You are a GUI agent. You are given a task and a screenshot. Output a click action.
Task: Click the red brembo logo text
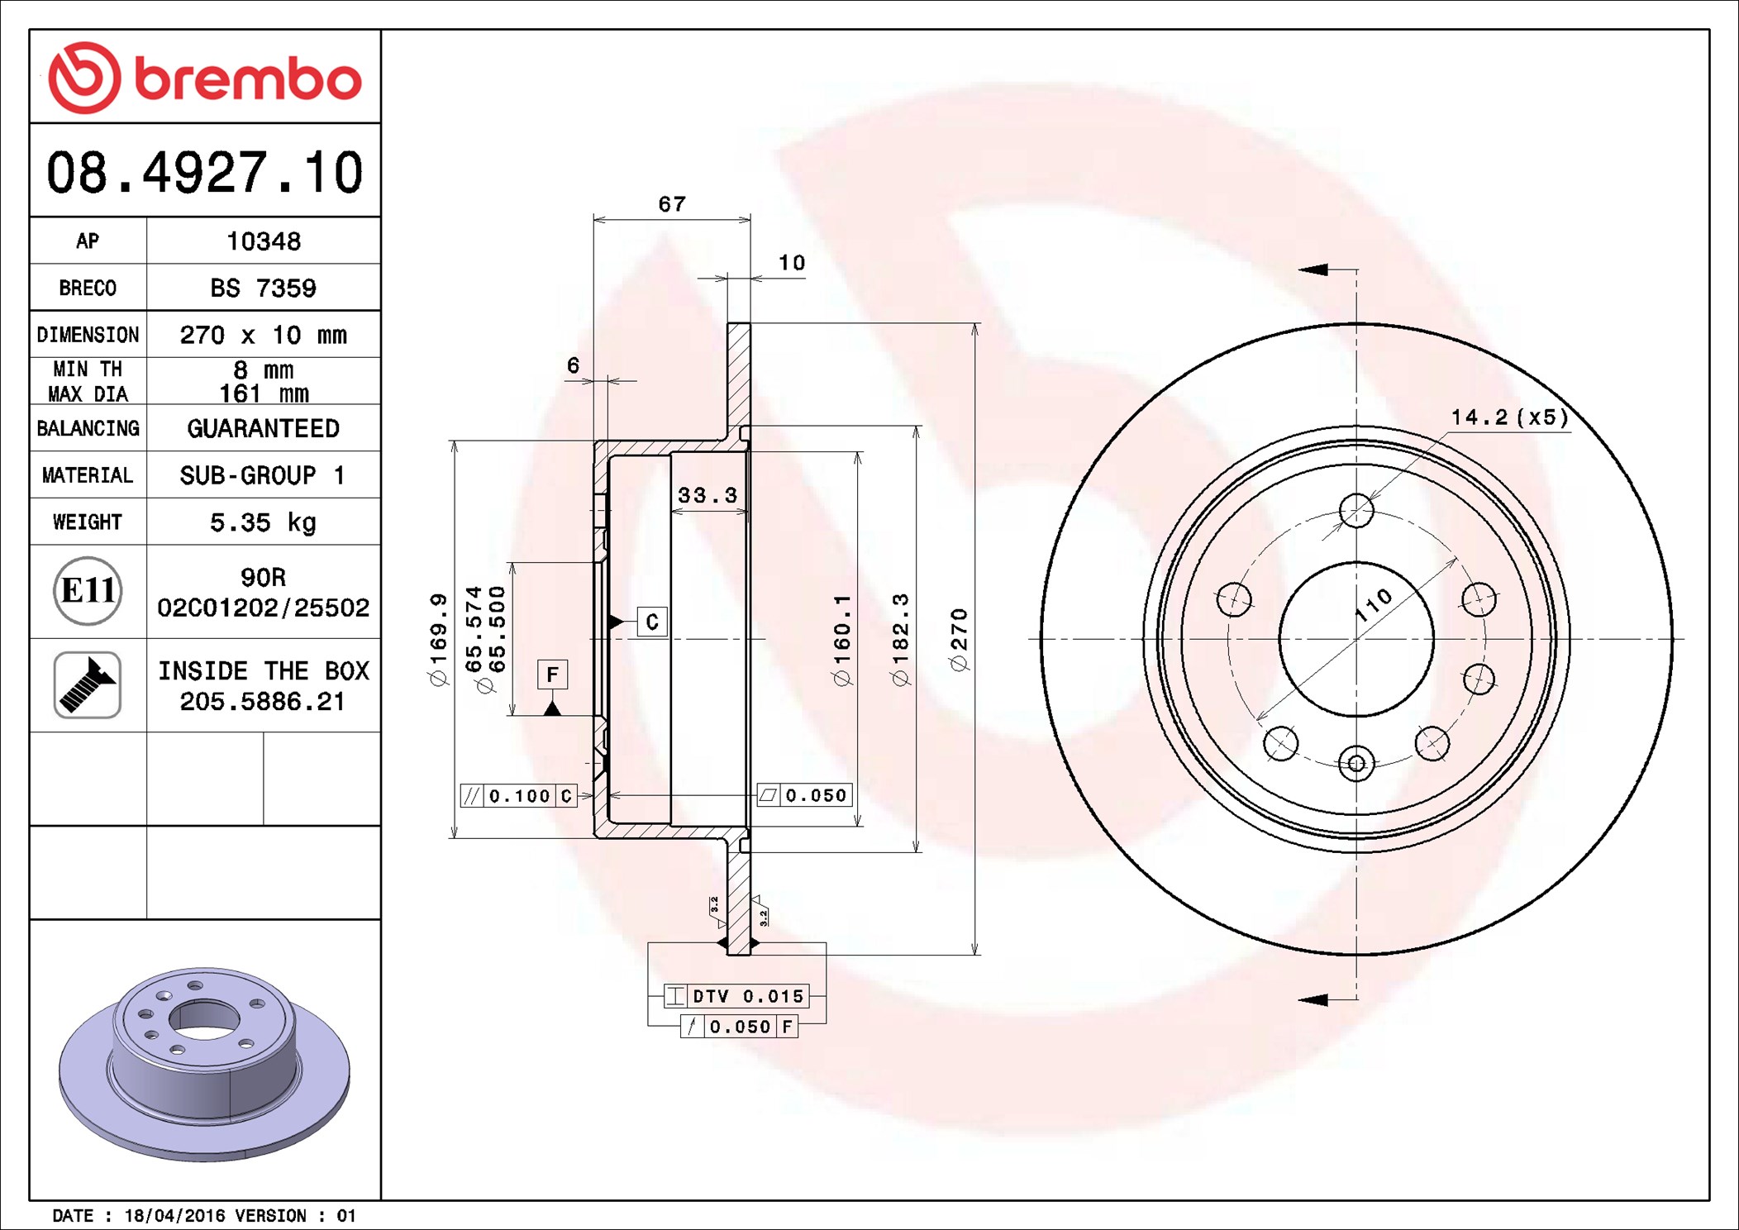(248, 79)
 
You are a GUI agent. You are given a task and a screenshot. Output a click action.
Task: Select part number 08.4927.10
(205, 173)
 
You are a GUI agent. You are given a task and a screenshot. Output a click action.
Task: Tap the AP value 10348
(264, 241)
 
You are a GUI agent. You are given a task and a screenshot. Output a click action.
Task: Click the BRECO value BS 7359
(263, 288)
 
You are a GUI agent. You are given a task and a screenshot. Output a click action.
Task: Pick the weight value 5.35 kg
(263, 522)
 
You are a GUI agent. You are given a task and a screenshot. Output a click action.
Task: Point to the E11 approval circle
(88, 591)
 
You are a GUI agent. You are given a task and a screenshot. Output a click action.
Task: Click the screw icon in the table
(88, 684)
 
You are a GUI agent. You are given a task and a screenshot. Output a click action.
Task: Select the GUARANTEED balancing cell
(263, 428)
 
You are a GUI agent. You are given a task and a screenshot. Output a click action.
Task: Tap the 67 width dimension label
(672, 203)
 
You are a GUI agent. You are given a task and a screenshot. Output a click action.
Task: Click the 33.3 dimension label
(708, 495)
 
